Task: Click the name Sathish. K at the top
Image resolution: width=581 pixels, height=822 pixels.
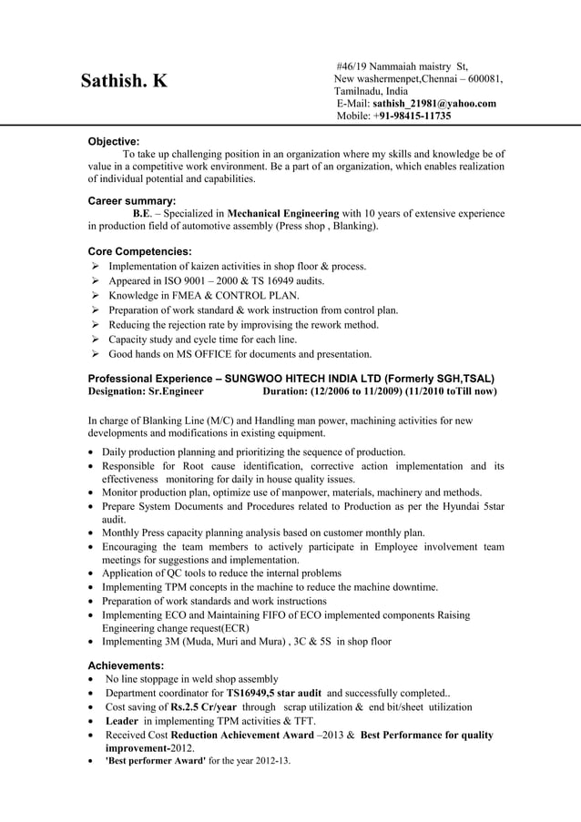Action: click(124, 81)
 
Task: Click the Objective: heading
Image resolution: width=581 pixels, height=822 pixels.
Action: click(113, 141)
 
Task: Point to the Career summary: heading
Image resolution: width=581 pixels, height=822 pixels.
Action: click(131, 200)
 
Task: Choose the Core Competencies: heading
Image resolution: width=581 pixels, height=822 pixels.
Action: click(139, 250)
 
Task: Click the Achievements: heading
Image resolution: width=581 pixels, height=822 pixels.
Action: click(126, 665)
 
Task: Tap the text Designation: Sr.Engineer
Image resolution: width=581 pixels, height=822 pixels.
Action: click(146, 391)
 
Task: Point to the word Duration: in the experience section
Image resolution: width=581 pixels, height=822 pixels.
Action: click(285, 391)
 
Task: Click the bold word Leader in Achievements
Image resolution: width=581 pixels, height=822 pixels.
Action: click(121, 723)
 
